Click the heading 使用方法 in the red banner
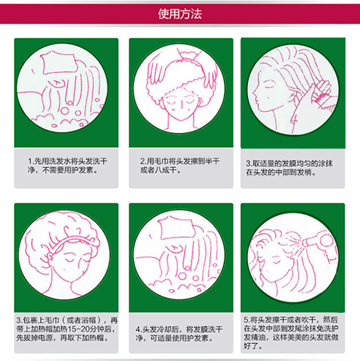(180, 14)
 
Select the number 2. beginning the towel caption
(143, 161)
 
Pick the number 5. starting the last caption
(246, 319)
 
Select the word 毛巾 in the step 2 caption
(159, 161)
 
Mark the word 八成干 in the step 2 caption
(156, 170)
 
